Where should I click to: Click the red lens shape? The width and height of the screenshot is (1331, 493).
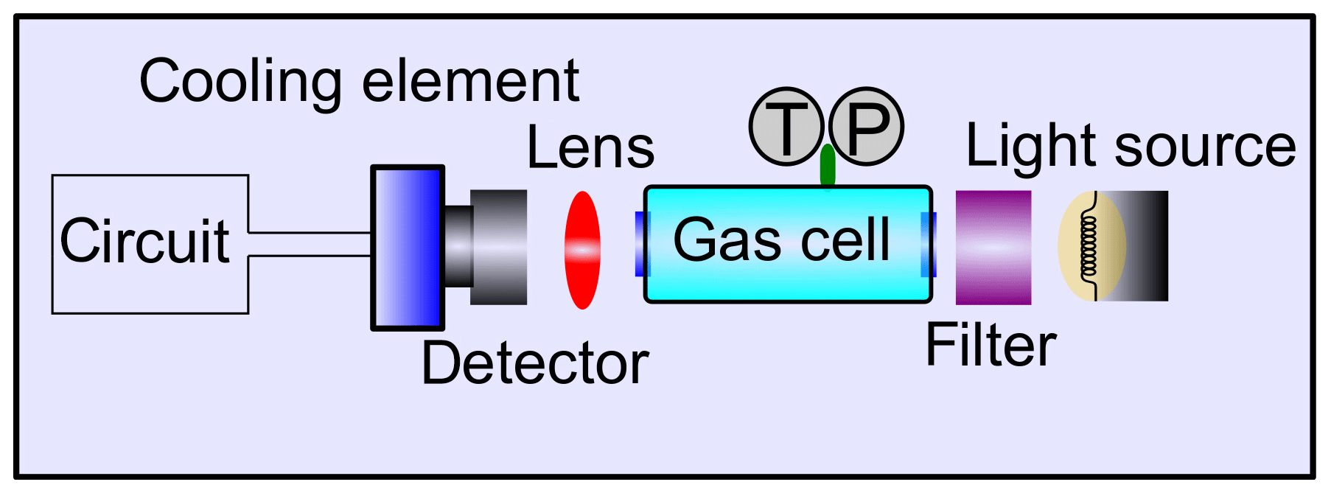point(582,250)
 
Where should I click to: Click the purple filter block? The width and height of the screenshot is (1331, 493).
point(993,248)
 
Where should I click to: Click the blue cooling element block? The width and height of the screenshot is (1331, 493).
point(408,248)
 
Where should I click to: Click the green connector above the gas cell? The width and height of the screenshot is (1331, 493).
point(828,166)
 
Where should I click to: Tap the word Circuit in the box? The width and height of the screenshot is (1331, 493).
point(144,241)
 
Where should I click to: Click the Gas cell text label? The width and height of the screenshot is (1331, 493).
point(782,239)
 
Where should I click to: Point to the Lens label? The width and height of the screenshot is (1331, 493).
point(590,148)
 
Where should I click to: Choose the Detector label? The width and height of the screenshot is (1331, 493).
point(534,363)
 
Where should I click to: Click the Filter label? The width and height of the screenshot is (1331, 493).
point(991,345)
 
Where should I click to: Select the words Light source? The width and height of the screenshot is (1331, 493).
point(1131,146)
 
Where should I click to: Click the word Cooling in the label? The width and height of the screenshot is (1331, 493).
point(240,82)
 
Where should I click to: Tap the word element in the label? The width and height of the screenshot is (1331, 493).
point(470,80)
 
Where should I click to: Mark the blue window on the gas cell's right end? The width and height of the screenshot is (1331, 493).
point(930,244)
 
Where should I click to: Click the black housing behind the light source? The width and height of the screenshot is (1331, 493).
point(1150,246)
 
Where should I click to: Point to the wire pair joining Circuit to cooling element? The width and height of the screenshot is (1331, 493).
point(310,244)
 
